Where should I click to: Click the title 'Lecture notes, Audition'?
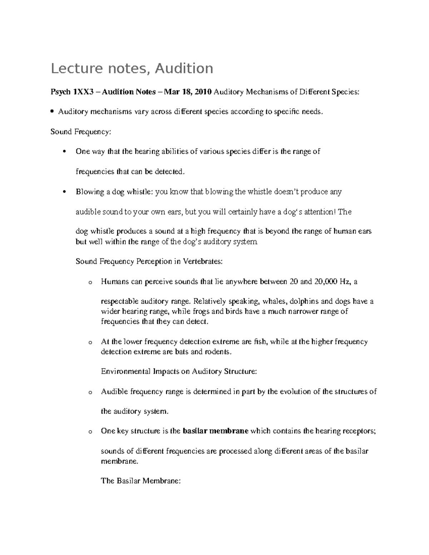(132, 68)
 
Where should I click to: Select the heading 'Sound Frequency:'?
(81, 132)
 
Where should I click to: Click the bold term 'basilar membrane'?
(215, 431)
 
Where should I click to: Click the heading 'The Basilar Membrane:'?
(141, 481)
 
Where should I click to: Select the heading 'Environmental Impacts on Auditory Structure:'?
(179, 371)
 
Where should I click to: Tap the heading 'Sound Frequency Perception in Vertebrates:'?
(149, 262)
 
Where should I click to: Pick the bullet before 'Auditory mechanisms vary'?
(53, 112)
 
